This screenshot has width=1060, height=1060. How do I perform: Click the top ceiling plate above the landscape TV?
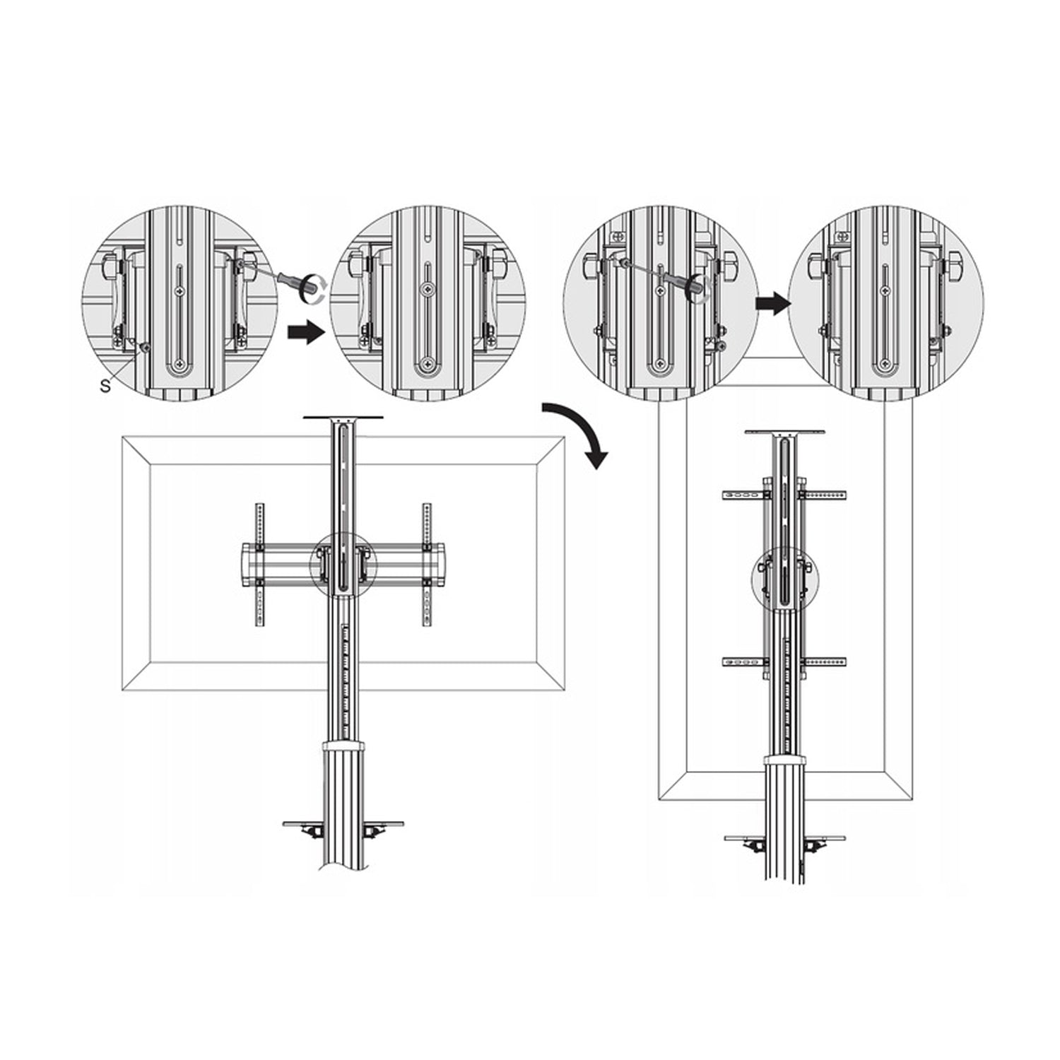(x=343, y=418)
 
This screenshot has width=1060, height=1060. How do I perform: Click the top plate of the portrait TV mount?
(x=784, y=432)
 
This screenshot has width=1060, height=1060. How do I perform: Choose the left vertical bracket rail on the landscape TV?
(x=259, y=564)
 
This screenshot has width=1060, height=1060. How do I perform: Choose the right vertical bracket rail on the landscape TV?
(x=427, y=564)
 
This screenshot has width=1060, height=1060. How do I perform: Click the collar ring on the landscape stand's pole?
(x=343, y=746)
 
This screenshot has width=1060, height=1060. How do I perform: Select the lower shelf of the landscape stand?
(x=343, y=824)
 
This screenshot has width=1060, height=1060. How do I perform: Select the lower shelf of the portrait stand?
(x=785, y=838)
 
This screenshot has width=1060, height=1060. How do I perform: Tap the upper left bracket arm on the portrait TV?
(x=743, y=496)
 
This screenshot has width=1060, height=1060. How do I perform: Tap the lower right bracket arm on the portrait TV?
(x=824, y=662)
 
